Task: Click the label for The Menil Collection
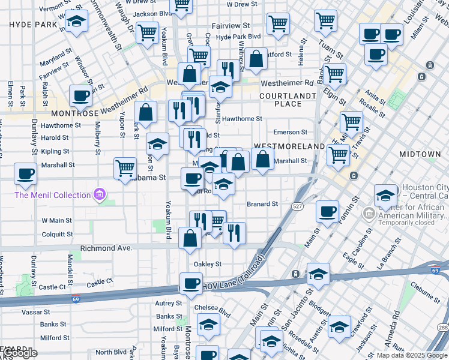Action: [52, 194]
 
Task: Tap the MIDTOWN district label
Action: [420, 154]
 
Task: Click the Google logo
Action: [19, 353]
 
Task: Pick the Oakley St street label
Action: [207, 264]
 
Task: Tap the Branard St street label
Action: [262, 204]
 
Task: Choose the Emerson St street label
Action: [290, 132]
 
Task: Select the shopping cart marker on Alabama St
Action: [125, 167]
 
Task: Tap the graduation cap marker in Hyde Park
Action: [76, 22]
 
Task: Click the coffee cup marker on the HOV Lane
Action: [191, 284]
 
